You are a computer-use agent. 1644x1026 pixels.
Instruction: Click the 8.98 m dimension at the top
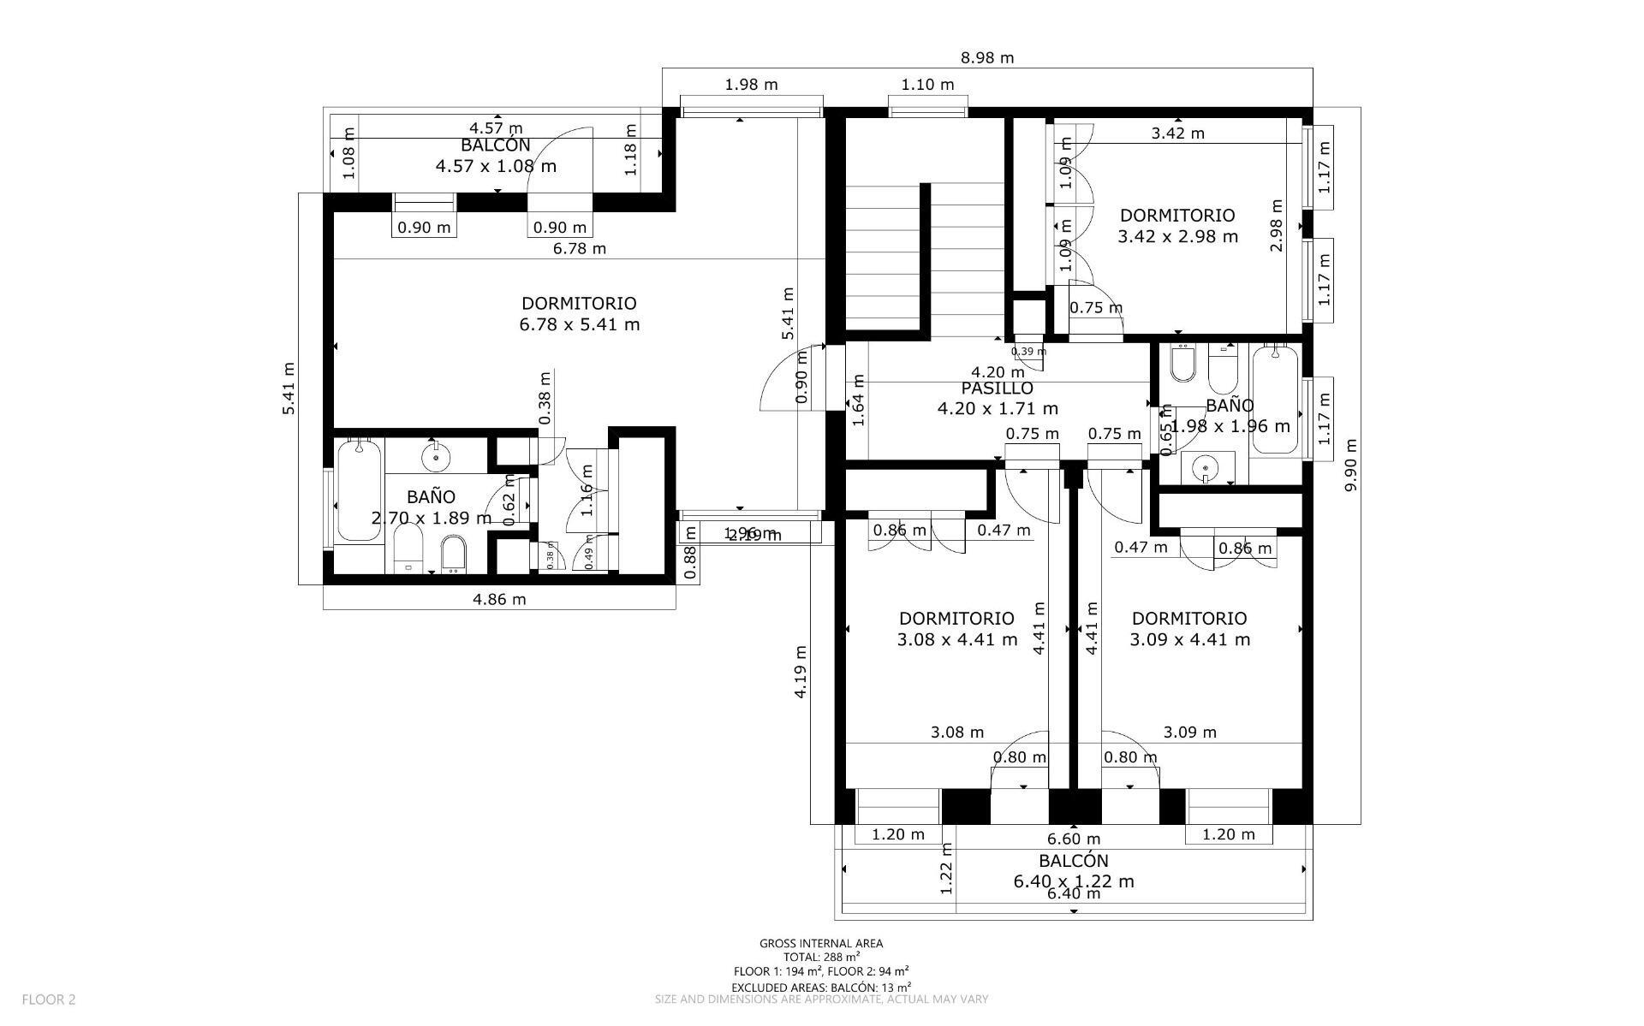(986, 58)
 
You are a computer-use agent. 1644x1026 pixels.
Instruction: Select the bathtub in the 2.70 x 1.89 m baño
(357, 489)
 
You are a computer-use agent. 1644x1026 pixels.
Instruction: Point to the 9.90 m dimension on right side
(1350, 465)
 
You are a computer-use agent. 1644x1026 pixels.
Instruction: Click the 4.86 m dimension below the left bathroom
(499, 599)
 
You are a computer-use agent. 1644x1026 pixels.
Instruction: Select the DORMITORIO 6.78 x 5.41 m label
(579, 314)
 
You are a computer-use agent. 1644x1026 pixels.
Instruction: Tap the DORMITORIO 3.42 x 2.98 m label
(1177, 226)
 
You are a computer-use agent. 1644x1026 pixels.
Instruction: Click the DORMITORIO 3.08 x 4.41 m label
(956, 629)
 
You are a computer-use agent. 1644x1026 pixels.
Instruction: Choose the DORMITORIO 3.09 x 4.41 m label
(1189, 629)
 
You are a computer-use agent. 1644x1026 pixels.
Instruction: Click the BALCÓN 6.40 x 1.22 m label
(1074, 871)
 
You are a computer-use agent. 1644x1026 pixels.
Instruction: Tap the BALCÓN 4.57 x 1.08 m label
(496, 156)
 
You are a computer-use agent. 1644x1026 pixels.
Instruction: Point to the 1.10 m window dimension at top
(927, 85)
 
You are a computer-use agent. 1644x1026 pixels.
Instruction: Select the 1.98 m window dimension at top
(751, 85)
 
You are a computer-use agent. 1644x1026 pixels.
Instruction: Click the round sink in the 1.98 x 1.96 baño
(1206, 468)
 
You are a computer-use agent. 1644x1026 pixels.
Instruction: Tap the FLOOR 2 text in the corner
(49, 999)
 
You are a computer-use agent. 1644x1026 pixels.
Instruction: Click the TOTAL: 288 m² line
(821, 958)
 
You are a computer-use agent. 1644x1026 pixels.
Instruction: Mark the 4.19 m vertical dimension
(801, 672)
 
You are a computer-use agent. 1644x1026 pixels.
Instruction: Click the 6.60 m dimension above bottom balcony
(1074, 839)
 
